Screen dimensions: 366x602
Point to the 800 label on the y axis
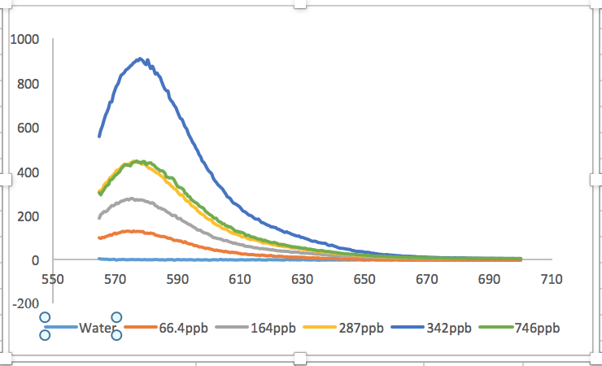(27, 84)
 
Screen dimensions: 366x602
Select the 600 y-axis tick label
(27, 128)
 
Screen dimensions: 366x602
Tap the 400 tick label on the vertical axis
(27, 172)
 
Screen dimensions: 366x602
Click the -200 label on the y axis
(24, 303)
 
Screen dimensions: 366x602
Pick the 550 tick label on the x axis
(52, 278)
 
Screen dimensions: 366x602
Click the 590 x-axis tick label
(177, 278)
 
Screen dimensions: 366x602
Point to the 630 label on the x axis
(302, 278)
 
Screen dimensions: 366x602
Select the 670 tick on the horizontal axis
(427, 278)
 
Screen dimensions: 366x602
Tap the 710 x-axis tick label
(552, 278)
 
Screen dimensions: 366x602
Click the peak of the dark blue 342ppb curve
(140, 59)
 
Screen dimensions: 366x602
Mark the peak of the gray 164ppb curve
(132, 198)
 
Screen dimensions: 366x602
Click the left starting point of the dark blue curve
(99, 136)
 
